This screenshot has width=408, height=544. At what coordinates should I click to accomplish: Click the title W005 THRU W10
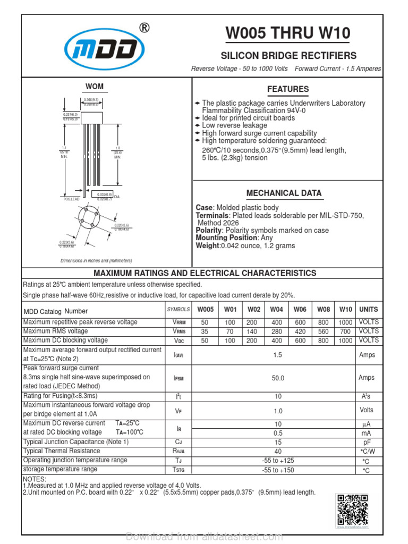click(x=288, y=33)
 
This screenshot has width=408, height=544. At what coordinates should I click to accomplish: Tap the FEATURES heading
click(x=287, y=89)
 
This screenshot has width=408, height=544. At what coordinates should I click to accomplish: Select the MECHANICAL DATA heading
click(x=284, y=193)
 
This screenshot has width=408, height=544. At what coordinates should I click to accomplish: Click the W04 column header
click(x=276, y=309)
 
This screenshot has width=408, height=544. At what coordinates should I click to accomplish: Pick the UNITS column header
click(x=368, y=309)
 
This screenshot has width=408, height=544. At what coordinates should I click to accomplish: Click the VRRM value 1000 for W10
click(x=345, y=322)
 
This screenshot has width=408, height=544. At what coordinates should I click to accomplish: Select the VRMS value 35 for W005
click(x=205, y=331)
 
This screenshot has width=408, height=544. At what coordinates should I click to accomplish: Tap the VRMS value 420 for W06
click(x=300, y=331)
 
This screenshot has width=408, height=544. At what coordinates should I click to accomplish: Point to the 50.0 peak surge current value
click(x=278, y=378)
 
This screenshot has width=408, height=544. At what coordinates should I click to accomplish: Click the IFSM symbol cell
click(x=178, y=378)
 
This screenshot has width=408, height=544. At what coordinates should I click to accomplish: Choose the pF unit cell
click(x=367, y=442)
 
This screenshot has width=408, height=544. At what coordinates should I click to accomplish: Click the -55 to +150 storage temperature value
click(x=278, y=470)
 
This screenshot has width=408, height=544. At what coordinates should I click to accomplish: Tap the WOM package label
click(x=95, y=87)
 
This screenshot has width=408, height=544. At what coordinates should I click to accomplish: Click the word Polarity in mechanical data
click(x=209, y=231)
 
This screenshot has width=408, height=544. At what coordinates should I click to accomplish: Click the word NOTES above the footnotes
click(x=35, y=479)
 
